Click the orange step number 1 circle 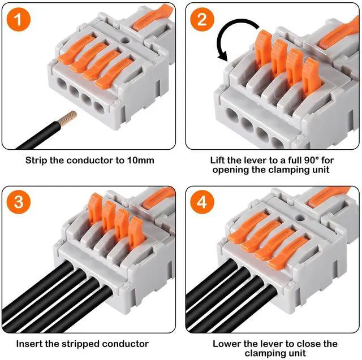(x=19, y=19)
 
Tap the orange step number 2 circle (x=202, y=19)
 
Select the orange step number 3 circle (x=19, y=202)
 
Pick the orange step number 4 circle (x=202, y=202)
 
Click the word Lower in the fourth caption (x=225, y=344)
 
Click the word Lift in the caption (x=217, y=161)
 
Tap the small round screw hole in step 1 (x=126, y=41)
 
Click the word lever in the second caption (x=256, y=161)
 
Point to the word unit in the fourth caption (x=297, y=353)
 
